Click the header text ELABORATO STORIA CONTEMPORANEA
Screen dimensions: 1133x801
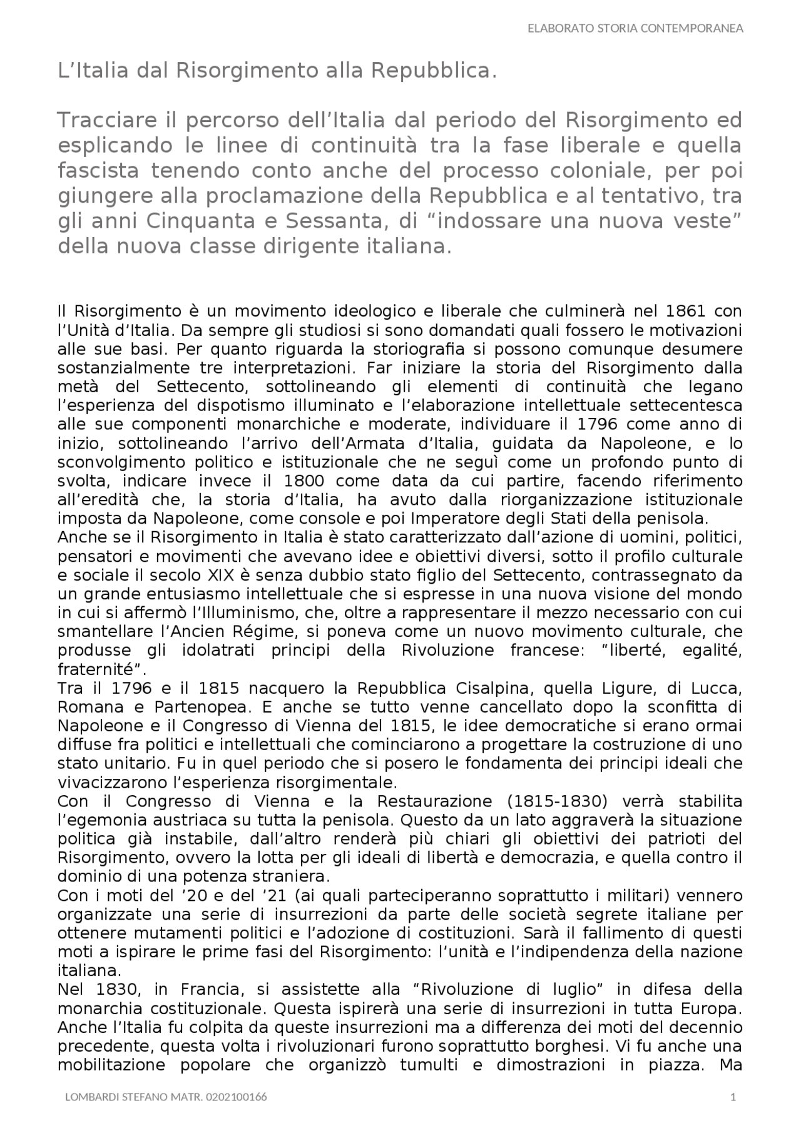pos(635,28)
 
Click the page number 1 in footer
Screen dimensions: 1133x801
pos(733,1097)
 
